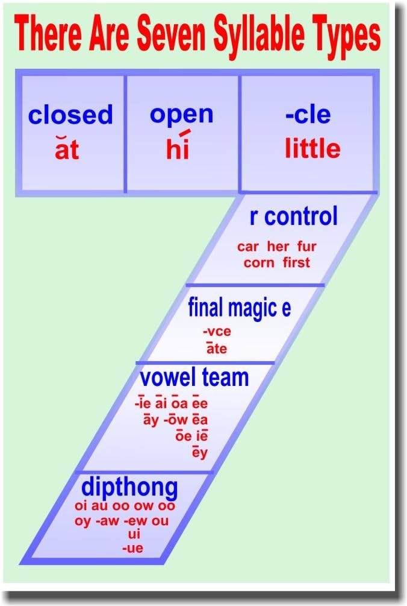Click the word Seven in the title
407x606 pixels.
[x=173, y=35]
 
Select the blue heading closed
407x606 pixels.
[x=70, y=115]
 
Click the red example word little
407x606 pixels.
[x=312, y=148]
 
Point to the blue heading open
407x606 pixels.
[x=181, y=115]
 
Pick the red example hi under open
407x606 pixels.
[x=178, y=148]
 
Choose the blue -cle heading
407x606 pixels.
[x=308, y=115]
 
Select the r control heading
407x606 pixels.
[x=293, y=217]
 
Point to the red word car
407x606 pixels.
[x=247, y=246]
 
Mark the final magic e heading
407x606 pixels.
[x=239, y=308]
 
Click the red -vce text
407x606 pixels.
[x=217, y=331]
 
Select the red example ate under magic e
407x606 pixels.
[x=216, y=348]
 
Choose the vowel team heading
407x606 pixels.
[x=194, y=377]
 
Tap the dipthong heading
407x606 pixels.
[x=129, y=487]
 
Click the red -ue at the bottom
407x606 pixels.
[x=132, y=548]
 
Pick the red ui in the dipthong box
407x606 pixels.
[x=134, y=534]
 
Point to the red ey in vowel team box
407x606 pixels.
[x=199, y=452]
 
